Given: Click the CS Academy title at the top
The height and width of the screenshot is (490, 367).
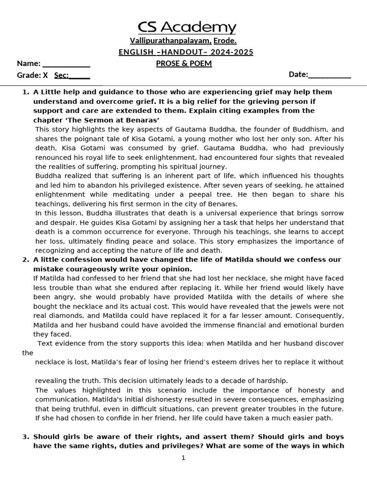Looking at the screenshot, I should click(x=187, y=27).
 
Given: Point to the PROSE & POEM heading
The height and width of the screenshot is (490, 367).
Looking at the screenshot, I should click(x=184, y=64).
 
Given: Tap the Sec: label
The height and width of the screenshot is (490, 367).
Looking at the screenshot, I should click(x=62, y=75).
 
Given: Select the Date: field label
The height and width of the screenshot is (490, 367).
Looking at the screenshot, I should click(x=298, y=74).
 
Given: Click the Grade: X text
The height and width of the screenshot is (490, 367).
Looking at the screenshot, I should click(x=32, y=75).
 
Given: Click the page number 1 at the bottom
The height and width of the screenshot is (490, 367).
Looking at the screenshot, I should click(x=183, y=458).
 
